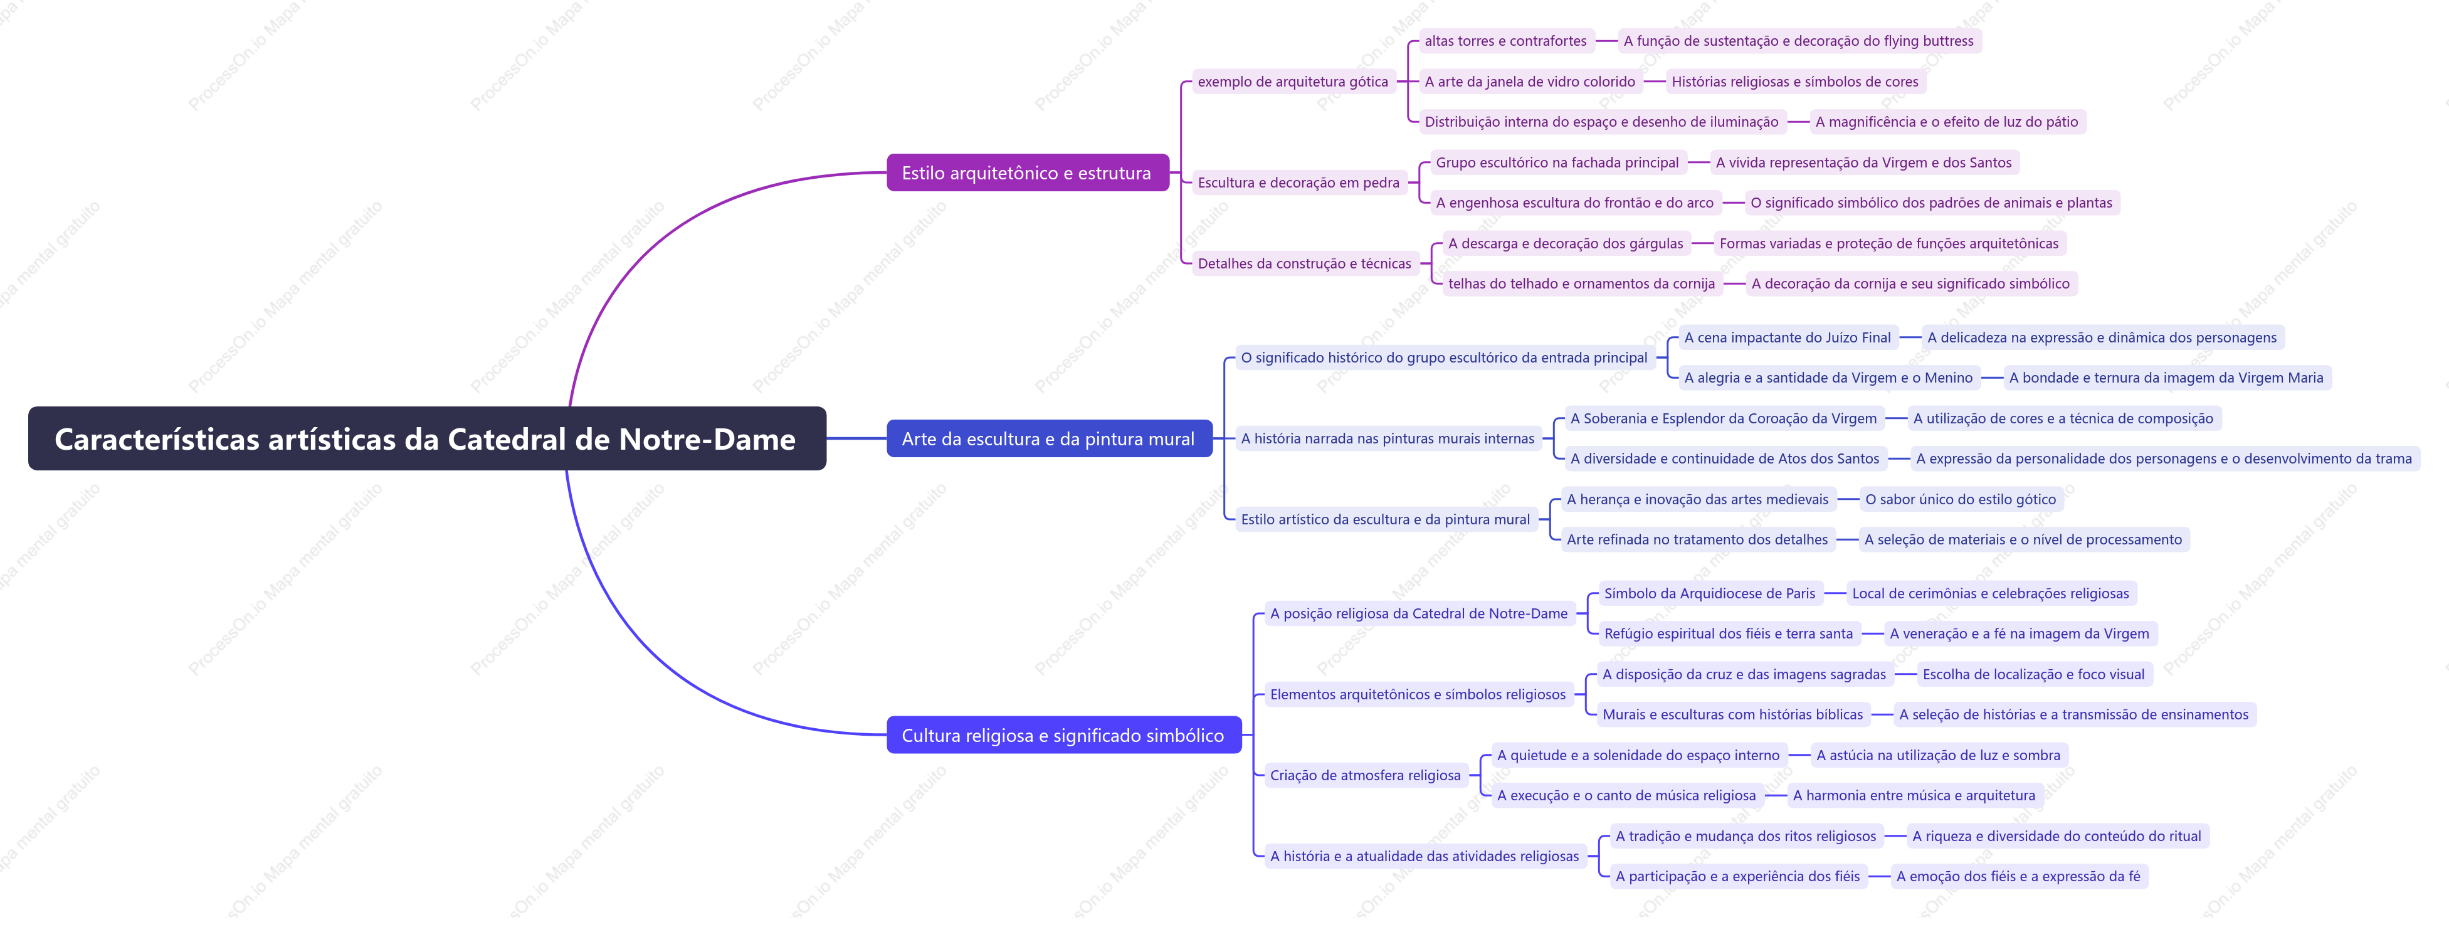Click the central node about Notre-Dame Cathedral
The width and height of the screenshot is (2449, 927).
(427, 438)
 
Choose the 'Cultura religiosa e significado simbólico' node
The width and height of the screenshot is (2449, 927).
(1064, 735)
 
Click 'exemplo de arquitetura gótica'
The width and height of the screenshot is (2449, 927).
(1293, 82)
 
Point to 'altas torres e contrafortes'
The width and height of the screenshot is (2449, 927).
(1505, 41)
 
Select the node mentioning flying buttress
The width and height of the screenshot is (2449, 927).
(1799, 41)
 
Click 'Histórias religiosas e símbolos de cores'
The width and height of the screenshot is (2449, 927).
(1795, 82)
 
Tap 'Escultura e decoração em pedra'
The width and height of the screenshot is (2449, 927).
(1298, 183)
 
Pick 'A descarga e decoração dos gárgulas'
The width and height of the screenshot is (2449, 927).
(1566, 243)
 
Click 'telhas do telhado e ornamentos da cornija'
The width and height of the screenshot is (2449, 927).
(1582, 283)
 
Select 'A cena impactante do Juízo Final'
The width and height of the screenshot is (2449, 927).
(1788, 337)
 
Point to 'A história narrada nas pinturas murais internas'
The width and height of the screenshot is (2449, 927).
(1388, 438)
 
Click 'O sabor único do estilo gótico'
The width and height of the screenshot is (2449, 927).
(1961, 499)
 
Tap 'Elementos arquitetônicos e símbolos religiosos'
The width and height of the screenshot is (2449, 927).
(1418, 694)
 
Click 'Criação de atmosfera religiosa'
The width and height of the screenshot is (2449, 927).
(1365, 775)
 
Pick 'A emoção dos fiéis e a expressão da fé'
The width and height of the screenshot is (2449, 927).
(2018, 877)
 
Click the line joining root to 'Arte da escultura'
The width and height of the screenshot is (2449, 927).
(856, 438)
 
